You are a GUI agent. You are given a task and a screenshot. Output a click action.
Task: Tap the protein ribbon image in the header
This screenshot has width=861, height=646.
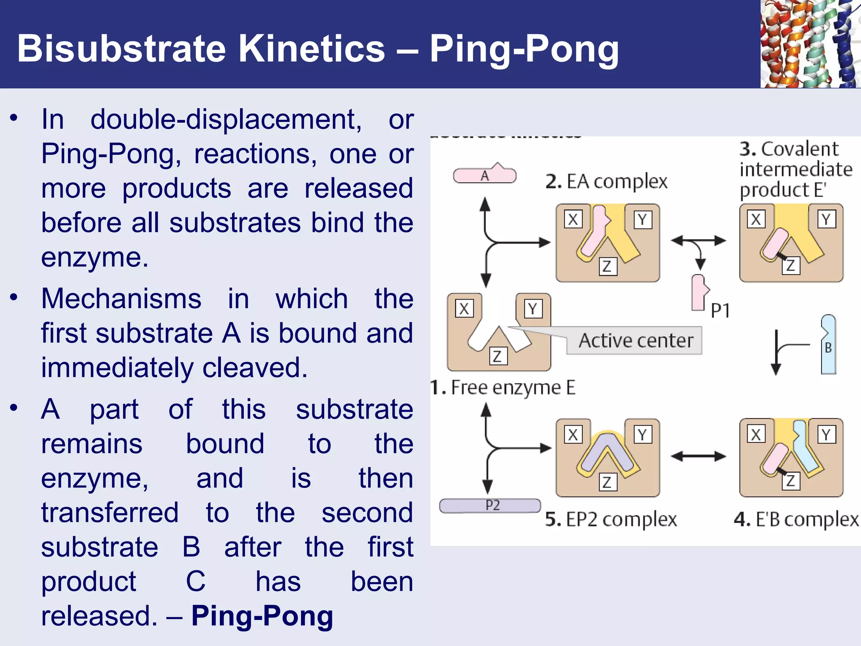click(810, 44)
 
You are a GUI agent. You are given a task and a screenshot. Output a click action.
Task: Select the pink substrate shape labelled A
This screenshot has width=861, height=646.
click(485, 175)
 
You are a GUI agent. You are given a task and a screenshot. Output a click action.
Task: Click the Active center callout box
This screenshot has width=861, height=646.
click(635, 341)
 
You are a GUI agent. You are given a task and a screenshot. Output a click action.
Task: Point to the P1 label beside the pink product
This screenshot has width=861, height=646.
click(720, 310)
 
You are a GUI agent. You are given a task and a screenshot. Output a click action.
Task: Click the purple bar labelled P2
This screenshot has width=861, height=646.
click(490, 505)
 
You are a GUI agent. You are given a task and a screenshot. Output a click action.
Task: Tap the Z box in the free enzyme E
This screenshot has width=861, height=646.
click(498, 356)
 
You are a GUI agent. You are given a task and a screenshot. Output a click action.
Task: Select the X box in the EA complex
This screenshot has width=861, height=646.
click(573, 219)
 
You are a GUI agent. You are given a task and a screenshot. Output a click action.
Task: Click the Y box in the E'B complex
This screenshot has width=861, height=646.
click(826, 434)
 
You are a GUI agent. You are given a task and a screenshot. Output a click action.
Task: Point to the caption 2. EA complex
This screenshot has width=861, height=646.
click(606, 182)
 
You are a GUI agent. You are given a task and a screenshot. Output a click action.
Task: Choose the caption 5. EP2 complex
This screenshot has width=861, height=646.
click(611, 519)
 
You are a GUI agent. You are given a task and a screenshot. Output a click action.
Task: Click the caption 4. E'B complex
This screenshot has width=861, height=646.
click(796, 519)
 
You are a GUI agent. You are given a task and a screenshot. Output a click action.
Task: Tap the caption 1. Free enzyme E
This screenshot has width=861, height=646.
click(503, 387)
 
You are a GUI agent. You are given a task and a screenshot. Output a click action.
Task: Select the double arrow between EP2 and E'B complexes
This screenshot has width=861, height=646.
click(698, 456)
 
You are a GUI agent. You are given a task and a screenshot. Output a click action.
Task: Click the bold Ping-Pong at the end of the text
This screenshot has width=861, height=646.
click(262, 616)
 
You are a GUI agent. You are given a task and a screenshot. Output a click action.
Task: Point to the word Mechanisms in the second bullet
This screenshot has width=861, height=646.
click(121, 299)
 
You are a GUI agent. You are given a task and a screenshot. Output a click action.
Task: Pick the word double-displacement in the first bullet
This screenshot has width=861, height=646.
click(226, 119)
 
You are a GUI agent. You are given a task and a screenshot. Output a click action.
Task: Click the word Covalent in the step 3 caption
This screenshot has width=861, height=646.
click(800, 149)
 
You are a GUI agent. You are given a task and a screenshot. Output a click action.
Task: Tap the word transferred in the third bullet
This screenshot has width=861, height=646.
click(110, 512)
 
